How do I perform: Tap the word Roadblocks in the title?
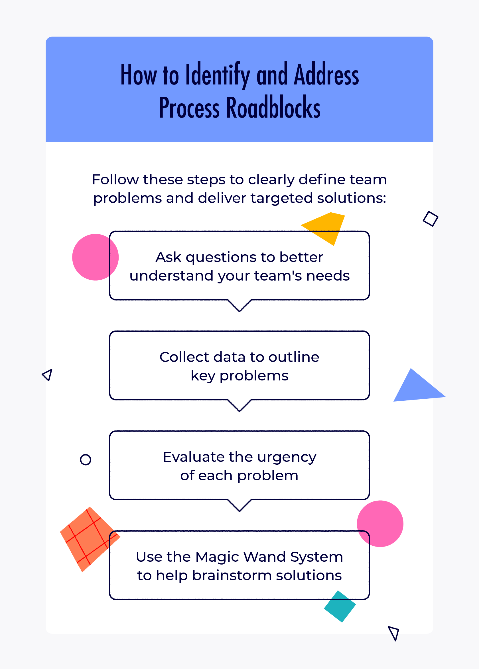[x=273, y=108]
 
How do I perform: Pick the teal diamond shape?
[x=340, y=606]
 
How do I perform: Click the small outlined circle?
[x=86, y=460]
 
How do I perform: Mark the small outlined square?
[x=431, y=219]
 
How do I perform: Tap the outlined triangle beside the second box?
[x=48, y=375]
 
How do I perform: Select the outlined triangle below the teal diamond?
[x=394, y=632]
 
